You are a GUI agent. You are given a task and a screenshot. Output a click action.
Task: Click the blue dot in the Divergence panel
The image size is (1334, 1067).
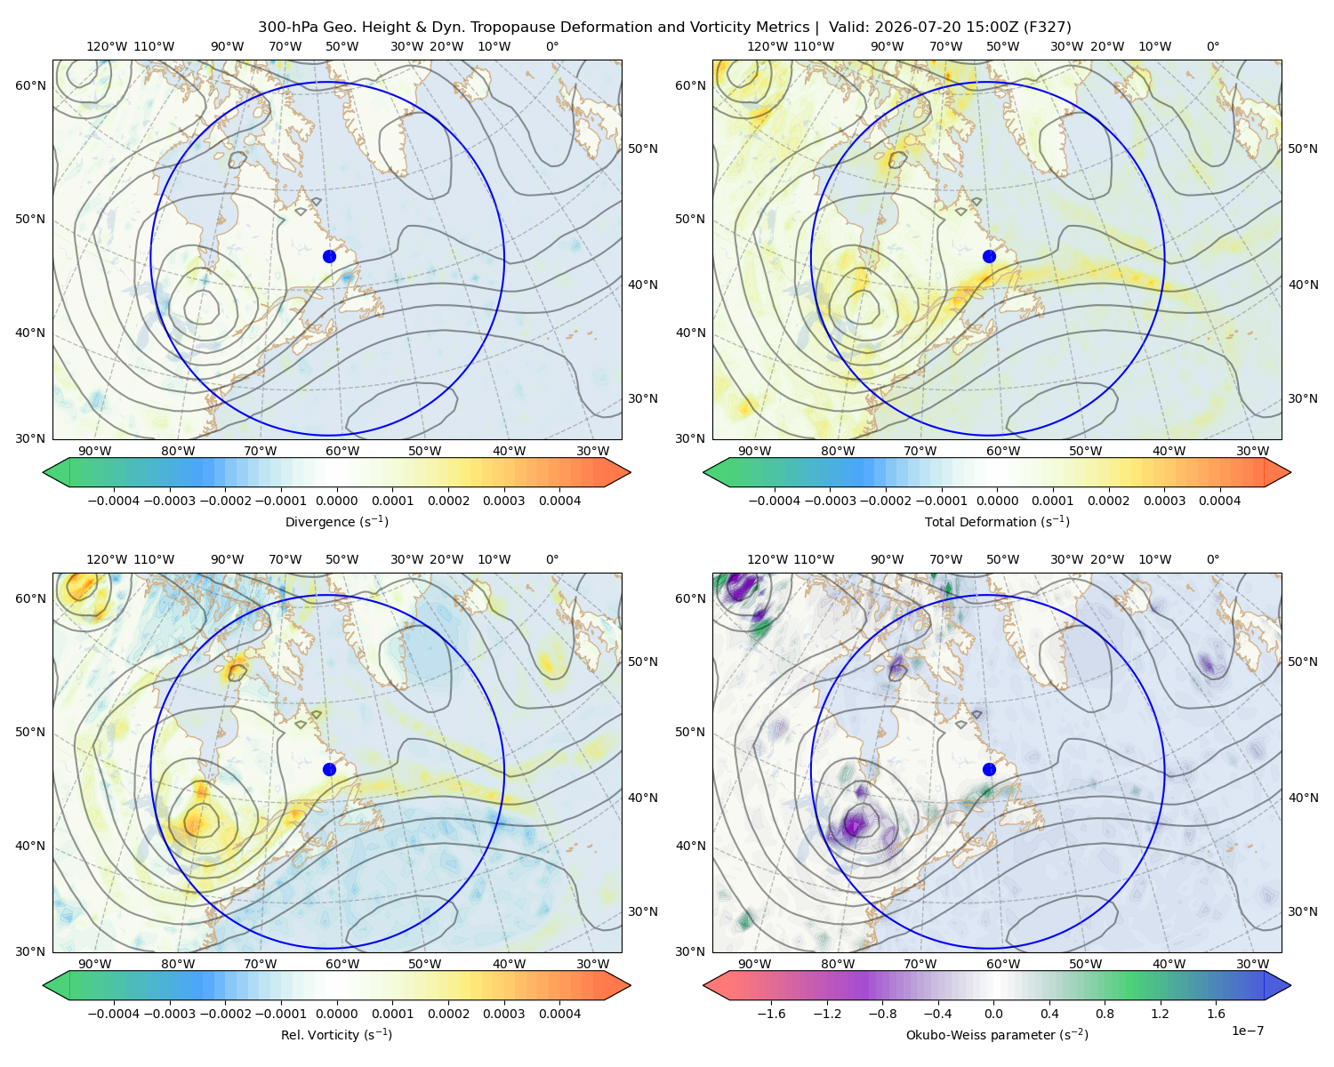[x=329, y=256]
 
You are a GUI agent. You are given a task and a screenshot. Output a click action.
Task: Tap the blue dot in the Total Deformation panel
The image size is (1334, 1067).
[x=989, y=256]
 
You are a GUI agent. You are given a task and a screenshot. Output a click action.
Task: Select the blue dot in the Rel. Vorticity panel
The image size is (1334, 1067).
[x=329, y=769]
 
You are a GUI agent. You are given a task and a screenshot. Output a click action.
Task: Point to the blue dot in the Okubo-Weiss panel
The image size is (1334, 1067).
[x=989, y=769]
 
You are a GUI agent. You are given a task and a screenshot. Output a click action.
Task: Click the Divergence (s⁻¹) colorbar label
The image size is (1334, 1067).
[x=336, y=521]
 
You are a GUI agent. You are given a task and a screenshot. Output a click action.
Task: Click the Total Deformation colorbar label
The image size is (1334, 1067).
[x=997, y=521]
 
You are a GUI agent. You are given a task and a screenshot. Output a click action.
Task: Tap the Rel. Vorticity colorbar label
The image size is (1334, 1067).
[x=336, y=1034]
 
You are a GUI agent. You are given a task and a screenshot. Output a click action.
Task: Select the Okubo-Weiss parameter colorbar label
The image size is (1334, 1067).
[x=997, y=1034]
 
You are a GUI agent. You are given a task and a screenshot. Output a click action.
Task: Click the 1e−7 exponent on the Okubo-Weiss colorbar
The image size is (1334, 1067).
[x=1247, y=1031]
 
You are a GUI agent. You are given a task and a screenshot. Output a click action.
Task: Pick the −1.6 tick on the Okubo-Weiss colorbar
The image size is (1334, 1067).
[x=771, y=1014]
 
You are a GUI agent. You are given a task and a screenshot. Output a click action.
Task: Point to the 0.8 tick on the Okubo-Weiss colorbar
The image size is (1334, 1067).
[x=1105, y=1014]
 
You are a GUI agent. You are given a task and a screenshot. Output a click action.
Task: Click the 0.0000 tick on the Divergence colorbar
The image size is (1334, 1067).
[x=336, y=501]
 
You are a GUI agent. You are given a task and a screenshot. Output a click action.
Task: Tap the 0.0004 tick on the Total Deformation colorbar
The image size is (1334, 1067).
[x=1219, y=501]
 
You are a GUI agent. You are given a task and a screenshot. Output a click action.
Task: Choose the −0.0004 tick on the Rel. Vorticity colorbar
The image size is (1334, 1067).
[x=114, y=1014]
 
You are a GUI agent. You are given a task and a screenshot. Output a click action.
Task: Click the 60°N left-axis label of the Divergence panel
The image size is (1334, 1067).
[x=30, y=85]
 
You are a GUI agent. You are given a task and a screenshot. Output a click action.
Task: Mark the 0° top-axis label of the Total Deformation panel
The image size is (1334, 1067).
[x=1212, y=46]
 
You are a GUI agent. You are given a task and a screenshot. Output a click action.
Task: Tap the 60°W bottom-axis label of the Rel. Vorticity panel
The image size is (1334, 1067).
[x=342, y=964]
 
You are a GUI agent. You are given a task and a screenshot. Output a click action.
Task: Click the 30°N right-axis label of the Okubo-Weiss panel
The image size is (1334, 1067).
[x=1302, y=911]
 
